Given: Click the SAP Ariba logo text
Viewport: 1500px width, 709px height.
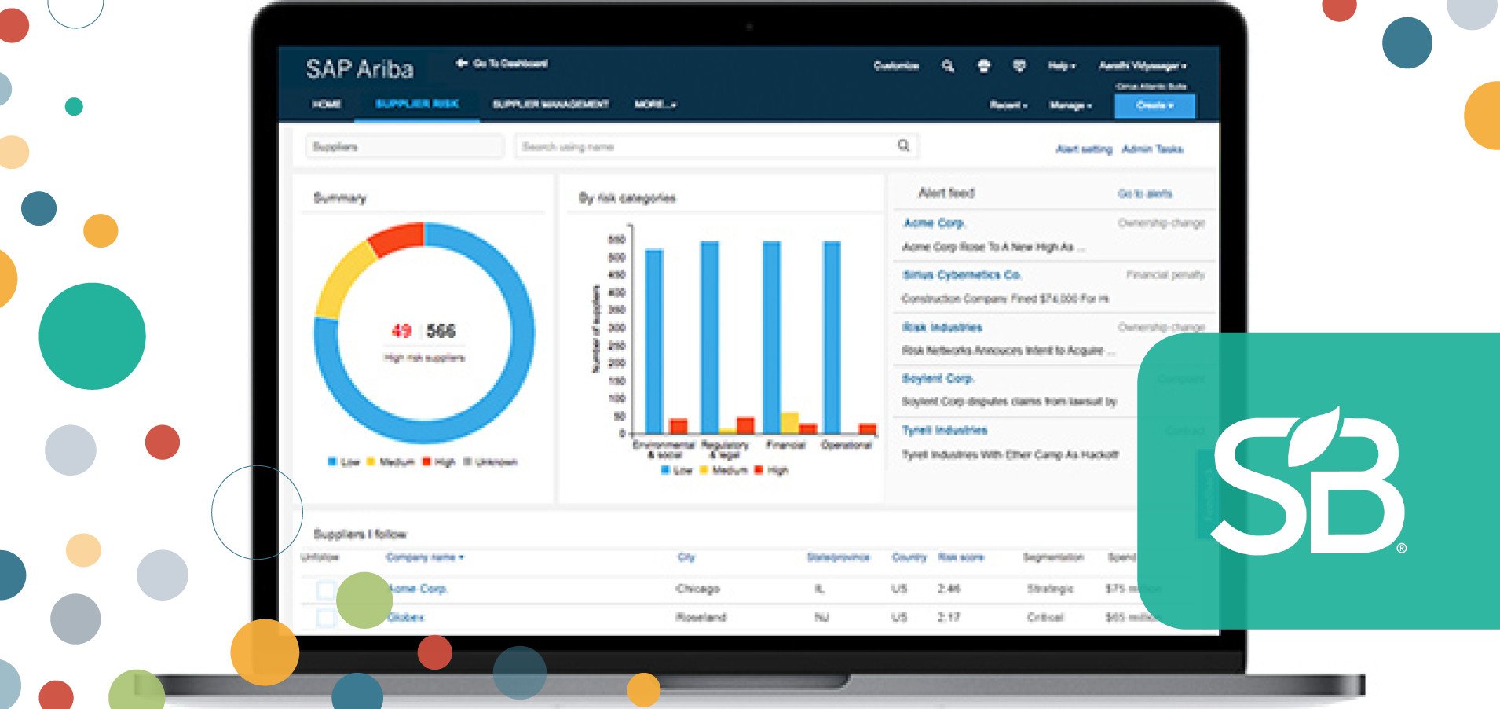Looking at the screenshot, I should (360, 69).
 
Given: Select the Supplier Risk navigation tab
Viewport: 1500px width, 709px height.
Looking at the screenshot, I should (417, 104).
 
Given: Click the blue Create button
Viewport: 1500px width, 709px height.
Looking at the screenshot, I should (1154, 105).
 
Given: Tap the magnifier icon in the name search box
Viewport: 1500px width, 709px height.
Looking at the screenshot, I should (904, 145).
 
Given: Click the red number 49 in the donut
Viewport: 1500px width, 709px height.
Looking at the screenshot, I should (401, 331).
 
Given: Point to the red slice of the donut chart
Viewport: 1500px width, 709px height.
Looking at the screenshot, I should (397, 238).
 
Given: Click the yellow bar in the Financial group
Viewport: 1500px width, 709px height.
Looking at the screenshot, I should (789, 423).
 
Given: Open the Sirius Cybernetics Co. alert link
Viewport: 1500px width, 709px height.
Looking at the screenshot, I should (962, 275).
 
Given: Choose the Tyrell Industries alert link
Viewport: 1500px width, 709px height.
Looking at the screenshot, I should (945, 430).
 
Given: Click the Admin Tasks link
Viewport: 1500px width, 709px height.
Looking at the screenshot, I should (1152, 149).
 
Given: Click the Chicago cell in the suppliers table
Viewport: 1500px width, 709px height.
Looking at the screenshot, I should (697, 589).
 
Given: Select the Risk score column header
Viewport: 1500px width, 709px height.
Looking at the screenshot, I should (960, 557).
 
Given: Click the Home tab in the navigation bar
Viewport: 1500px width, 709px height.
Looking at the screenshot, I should (327, 104).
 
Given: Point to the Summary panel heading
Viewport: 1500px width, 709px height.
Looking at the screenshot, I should (340, 197).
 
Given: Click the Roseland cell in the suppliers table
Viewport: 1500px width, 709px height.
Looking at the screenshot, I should (701, 617).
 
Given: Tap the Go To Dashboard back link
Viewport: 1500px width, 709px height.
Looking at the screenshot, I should (503, 64).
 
